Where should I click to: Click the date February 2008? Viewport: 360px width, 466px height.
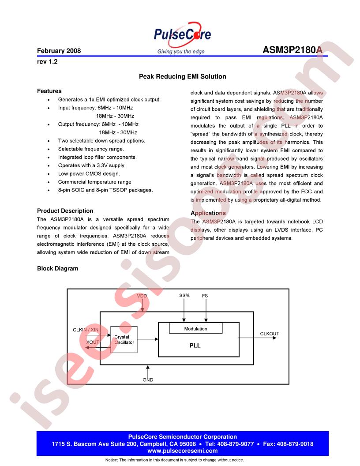(59, 51)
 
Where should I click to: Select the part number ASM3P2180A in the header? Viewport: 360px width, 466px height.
(292, 50)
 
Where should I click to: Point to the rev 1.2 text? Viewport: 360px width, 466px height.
(47, 62)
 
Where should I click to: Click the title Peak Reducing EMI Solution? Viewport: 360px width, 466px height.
(182, 76)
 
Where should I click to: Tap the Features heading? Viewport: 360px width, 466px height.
(49, 91)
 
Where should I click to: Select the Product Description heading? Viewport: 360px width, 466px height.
(65, 210)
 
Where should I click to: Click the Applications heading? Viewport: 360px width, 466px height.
(208, 213)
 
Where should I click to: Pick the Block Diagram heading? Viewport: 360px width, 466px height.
(57, 268)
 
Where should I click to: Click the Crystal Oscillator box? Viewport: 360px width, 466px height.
(124, 339)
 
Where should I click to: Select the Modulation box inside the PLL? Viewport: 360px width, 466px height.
(195, 329)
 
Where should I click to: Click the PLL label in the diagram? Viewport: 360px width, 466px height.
(195, 346)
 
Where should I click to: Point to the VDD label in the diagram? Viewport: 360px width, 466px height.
(142, 296)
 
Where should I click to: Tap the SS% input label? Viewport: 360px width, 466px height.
(184, 296)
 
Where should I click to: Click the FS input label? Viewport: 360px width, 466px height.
(205, 296)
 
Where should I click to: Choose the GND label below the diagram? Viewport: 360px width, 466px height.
(148, 380)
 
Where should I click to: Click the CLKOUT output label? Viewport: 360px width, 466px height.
(270, 334)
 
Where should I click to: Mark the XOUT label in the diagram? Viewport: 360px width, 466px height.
(93, 342)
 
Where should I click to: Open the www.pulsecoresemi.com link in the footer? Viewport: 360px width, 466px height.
(182, 451)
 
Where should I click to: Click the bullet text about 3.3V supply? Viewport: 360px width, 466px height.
(92, 165)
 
